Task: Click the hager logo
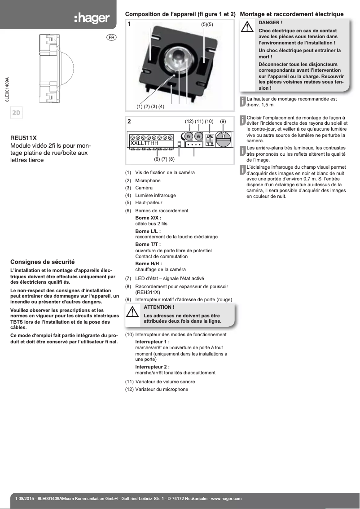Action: [92, 18]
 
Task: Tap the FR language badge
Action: [111, 37]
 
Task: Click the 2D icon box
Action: [17, 113]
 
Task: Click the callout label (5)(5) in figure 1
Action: [207, 24]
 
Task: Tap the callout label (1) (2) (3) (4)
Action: [150, 106]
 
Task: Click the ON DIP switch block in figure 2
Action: [210, 139]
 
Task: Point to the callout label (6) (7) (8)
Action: [164, 159]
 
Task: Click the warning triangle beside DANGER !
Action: [247, 27]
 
